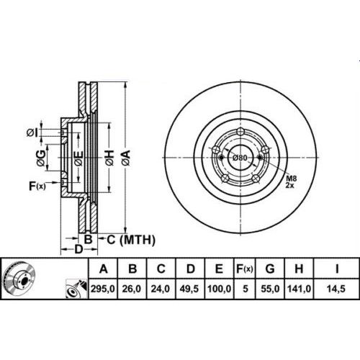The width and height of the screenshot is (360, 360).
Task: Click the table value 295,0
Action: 103,289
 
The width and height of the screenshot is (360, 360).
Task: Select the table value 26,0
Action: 132,289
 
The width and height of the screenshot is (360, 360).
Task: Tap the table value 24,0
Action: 161,289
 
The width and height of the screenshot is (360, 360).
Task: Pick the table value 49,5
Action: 189,289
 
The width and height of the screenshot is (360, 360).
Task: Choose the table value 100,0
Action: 219,289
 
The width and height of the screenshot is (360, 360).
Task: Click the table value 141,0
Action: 299,289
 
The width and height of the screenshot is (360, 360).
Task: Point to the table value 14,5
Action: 336,289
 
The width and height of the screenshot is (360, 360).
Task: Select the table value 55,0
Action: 270,289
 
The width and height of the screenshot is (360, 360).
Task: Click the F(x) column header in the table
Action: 245,269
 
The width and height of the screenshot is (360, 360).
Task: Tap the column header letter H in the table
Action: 299,269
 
